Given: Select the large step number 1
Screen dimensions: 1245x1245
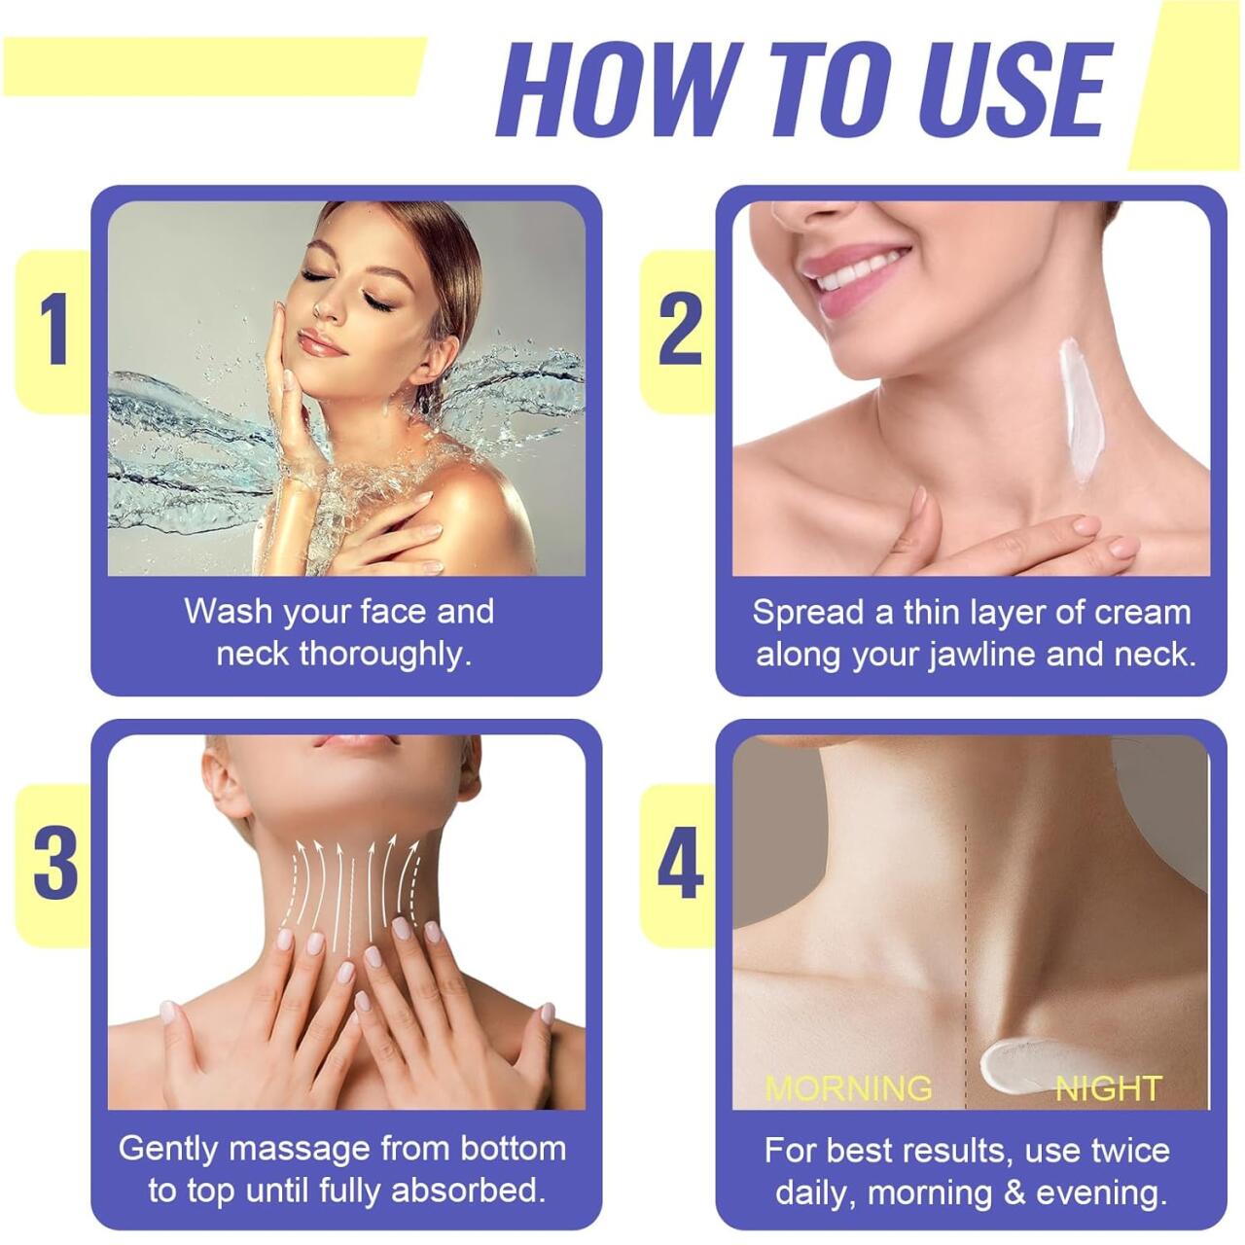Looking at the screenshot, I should click(55, 331).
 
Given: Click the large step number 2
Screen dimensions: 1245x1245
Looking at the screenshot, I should click(680, 331).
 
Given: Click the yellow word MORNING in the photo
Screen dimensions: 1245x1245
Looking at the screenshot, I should click(848, 1087).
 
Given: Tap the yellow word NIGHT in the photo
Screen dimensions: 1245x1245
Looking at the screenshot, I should click(1109, 1087).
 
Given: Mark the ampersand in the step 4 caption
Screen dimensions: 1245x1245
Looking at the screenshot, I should click(1015, 1192).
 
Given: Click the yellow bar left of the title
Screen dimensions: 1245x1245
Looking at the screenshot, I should click(214, 65).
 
